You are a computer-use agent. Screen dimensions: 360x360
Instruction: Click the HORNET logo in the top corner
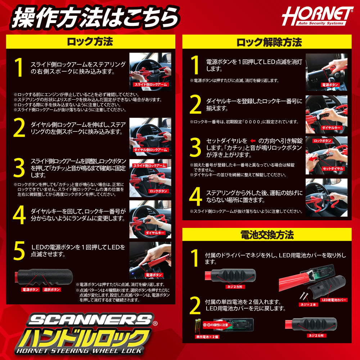(317, 16)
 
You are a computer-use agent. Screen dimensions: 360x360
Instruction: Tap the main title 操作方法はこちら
(95, 17)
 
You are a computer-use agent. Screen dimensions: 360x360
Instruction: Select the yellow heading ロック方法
(90, 42)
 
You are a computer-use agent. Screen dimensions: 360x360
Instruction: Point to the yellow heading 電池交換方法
(267, 235)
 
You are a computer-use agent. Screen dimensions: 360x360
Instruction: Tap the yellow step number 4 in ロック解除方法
(195, 197)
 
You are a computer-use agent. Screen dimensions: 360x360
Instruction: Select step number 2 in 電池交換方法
(195, 306)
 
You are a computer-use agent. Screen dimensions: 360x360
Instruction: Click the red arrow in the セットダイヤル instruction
(253, 141)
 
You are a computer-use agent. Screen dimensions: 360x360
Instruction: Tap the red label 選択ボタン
(52, 289)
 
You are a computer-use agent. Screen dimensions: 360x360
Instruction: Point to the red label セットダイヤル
(333, 168)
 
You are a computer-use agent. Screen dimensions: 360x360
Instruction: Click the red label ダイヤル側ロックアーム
(150, 149)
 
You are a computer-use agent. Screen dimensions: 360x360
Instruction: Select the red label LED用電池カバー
(334, 300)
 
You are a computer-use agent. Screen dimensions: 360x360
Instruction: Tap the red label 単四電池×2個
(207, 337)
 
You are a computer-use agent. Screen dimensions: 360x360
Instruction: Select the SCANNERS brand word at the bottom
(90, 320)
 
